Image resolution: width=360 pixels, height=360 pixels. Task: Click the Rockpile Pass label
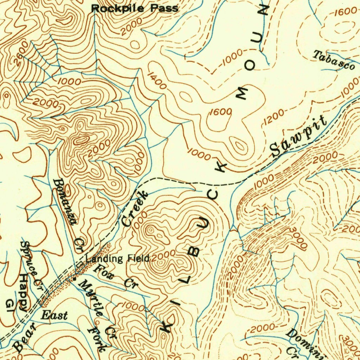pos(135,8)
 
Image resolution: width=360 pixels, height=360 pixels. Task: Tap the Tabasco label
pos(333,60)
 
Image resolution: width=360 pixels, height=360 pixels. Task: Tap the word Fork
pos(97,340)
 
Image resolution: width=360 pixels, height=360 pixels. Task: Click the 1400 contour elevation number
pos(157,81)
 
